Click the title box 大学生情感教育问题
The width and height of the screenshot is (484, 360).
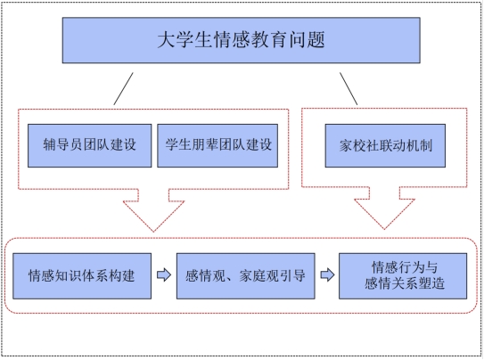point(241,40)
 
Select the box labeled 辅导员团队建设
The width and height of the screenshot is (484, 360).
point(89,145)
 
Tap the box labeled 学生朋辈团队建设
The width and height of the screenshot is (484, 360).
point(217,145)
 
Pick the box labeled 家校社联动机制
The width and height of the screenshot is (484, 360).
point(385,145)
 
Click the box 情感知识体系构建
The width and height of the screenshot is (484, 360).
point(82,276)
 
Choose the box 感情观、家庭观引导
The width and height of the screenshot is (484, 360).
point(246,276)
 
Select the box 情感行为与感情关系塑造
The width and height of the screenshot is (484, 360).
point(403,276)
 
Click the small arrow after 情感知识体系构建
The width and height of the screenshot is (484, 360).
point(164,274)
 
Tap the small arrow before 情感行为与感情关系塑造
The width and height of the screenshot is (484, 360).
point(327,274)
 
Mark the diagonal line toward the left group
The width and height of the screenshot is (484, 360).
point(123,89)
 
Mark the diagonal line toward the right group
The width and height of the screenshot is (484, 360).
point(349,89)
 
